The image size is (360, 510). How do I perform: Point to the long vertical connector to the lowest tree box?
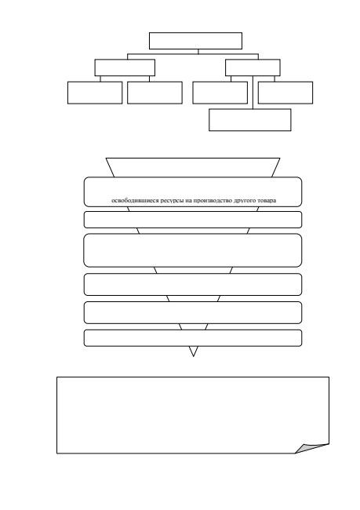[253, 93]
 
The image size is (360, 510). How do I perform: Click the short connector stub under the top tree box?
[198, 51]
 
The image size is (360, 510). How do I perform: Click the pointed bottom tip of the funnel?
[194, 356]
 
